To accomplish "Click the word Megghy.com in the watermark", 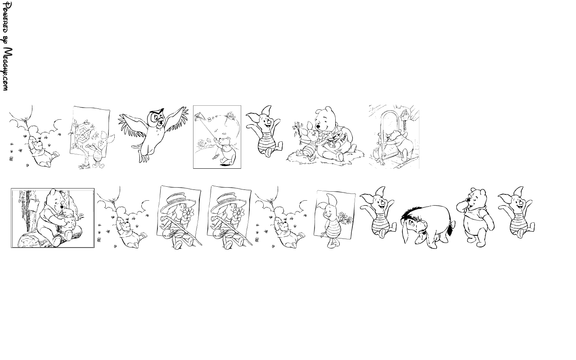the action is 7,69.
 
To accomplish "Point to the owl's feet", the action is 144,157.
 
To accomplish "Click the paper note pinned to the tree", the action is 34,204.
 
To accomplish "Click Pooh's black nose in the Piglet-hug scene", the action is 318,126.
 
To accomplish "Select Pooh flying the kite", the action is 226,152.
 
